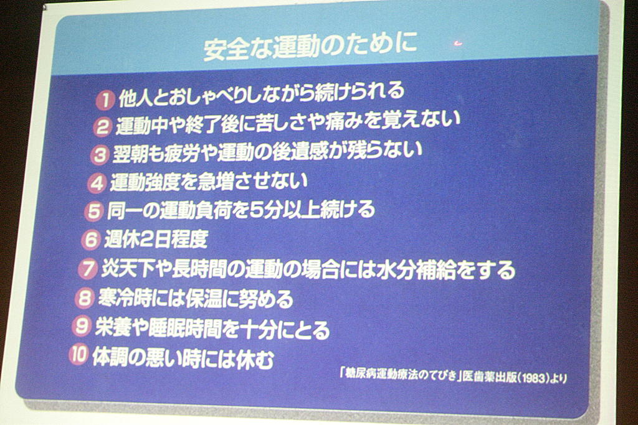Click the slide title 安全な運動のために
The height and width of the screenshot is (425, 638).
(310, 47)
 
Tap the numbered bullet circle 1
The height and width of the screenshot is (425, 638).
(105, 100)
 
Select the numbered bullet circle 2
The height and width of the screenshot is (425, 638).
(102, 127)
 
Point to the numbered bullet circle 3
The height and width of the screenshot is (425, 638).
(99, 155)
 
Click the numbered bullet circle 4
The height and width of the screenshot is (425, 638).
(97, 183)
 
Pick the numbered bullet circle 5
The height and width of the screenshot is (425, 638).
(93, 212)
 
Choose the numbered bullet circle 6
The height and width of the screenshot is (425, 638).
(90, 240)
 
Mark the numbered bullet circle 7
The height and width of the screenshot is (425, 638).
(87, 269)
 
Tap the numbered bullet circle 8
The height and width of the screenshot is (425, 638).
(84, 298)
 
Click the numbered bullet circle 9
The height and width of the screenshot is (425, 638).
(81, 326)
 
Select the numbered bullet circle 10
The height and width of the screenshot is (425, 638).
(78, 355)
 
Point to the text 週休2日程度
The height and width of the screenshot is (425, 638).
(156, 240)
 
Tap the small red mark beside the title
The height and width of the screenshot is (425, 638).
(459, 43)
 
